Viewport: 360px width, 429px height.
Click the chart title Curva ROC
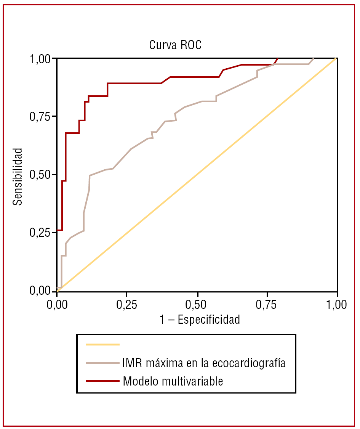[175, 45]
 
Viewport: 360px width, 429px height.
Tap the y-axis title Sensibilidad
[18, 177]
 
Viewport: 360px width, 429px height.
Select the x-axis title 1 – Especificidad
[200, 319]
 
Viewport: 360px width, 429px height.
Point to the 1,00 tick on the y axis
[40, 59]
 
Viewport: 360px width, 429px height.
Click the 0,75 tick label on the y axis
[40, 117]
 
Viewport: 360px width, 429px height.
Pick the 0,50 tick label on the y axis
[40, 175]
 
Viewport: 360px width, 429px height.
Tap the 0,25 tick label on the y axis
[40, 233]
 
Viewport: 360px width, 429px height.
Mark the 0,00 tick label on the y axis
[40, 291]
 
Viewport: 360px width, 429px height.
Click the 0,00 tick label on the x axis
[57, 305]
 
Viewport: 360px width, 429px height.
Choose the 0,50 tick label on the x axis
[197, 305]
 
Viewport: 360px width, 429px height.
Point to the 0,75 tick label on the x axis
[267, 305]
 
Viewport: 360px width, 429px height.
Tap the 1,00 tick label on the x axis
[337, 305]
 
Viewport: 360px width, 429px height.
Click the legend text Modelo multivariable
[173, 381]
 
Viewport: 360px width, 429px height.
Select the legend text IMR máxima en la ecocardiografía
[204, 363]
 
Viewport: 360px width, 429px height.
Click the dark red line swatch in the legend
[103, 381]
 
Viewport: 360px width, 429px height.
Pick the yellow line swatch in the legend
[103, 344]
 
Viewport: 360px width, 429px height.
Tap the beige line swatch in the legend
[103, 363]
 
